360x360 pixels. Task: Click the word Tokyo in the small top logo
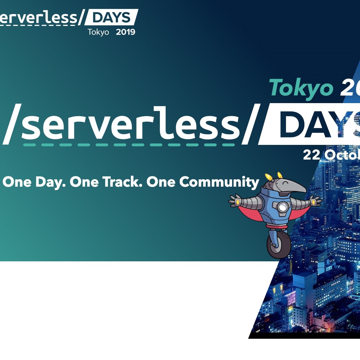pos(98,32)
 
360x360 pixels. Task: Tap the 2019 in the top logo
pos(126,32)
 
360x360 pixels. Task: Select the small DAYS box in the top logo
pos(111,18)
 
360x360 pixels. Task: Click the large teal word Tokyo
pos(301,88)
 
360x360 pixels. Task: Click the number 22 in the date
pos(311,155)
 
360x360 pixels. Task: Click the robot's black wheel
pos(279,245)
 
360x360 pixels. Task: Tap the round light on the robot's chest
pos(283,207)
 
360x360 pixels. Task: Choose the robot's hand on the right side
pos(316,201)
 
